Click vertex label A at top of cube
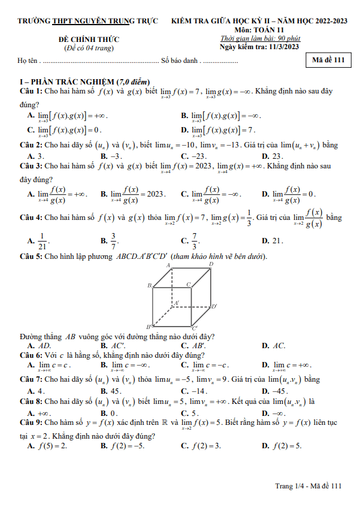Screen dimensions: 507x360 coord(169,265)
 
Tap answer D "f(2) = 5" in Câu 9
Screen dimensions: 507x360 coord(282,446)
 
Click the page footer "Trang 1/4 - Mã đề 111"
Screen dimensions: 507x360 coord(305,486)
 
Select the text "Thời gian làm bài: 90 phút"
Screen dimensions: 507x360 coord(260,38)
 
